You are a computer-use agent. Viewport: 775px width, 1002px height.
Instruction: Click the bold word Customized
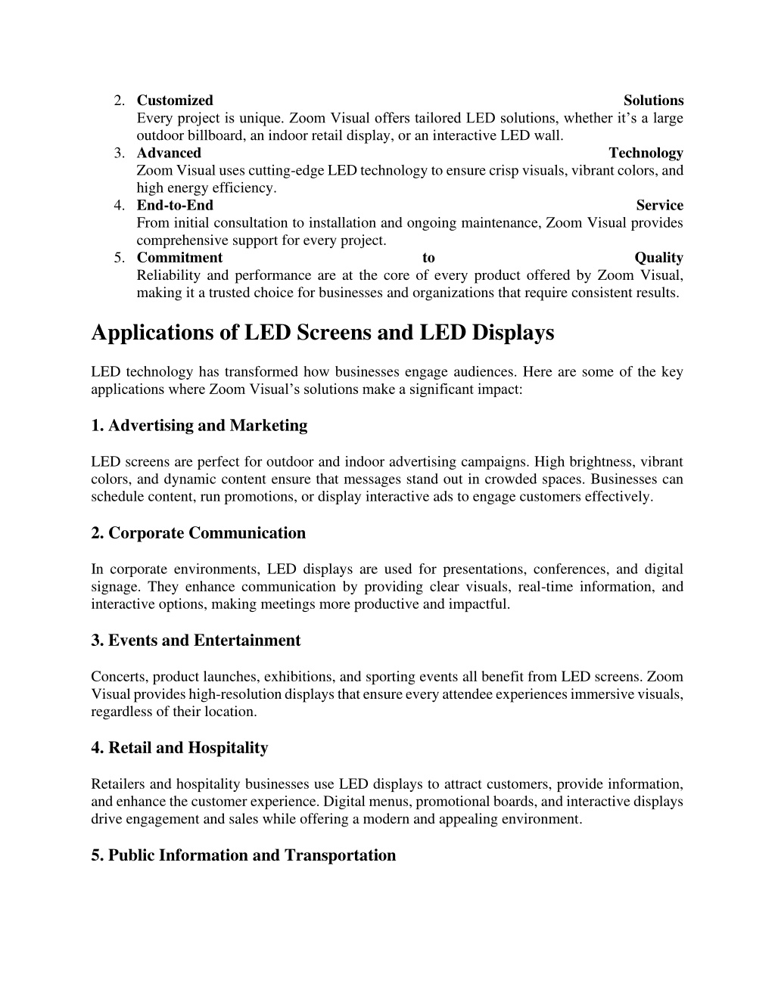(x=175, y=101)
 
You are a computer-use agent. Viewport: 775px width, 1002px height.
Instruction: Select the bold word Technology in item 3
(x=646, y=154)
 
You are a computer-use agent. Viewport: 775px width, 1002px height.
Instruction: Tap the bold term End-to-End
(x=175, y=206)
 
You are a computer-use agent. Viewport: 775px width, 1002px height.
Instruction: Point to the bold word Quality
(x=658, y=258)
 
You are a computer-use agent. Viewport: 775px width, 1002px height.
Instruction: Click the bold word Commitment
(x=179, y=258)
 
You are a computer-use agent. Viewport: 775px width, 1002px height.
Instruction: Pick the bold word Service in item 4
(x=659, y=206)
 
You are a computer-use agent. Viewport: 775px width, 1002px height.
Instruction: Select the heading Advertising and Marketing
(x=199, y=426)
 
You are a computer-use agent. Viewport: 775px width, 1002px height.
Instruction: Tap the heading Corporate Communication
(x=198, y=533)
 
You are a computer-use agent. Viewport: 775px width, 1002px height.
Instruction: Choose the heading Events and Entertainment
(x=195, y=641)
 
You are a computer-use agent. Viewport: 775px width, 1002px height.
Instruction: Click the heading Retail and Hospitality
(x=179, y=748)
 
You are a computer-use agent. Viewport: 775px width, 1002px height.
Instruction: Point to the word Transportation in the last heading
(x=340, y=855)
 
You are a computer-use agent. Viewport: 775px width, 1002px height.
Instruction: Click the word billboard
(x=207, y=136)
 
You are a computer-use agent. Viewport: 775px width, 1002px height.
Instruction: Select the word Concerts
(x=115, y=677)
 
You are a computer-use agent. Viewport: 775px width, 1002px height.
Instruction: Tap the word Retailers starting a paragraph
(x=117, y=784)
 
